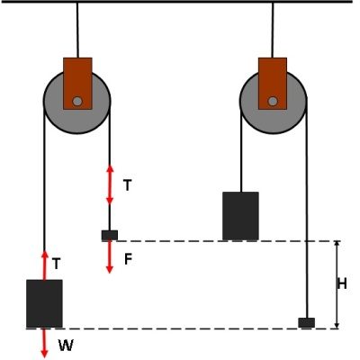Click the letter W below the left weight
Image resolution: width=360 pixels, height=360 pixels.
click(65, 345)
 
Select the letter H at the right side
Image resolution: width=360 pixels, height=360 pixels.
click(342, 284)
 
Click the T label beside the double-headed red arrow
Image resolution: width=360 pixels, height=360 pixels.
click(128, 185)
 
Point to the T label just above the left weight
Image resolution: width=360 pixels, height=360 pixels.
click(57, 264)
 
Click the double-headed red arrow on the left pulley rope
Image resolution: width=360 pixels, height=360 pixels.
click(109, 184)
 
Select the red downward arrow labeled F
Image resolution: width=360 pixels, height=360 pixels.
click(109, 257)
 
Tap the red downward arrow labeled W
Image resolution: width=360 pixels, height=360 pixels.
click(44, 343)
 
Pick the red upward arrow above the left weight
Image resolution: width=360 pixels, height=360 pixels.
click(44, 264)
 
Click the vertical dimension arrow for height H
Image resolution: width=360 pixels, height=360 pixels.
click(336, 284)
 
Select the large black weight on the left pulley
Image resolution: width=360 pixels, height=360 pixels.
click(44, 303)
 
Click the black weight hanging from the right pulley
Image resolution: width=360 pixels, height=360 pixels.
click(240, 216)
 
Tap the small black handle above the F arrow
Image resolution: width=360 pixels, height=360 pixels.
click(109, 236)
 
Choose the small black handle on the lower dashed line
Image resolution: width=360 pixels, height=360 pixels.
click(306, 322)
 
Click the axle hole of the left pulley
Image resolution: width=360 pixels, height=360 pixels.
click(78, 100)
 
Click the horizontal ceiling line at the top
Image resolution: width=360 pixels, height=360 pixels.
click(180, 2)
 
